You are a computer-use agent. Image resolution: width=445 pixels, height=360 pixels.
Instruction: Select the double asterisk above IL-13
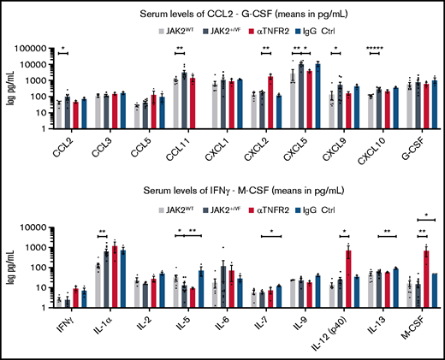pos(387,232)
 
